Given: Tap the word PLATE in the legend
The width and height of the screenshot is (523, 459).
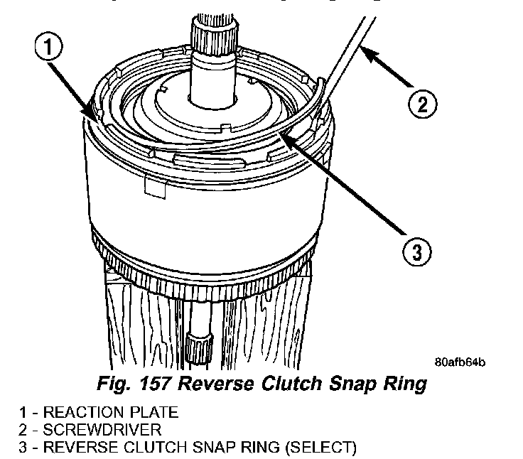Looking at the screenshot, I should tap(149, 412).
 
